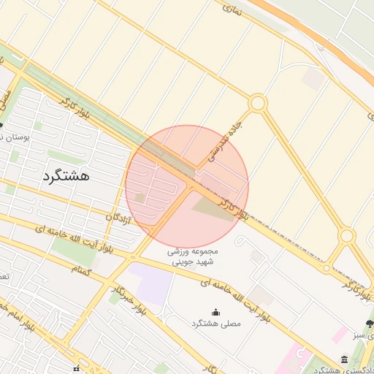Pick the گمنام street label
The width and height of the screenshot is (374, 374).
(x=81, y=269)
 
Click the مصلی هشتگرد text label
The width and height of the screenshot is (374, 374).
(x=215, y=323)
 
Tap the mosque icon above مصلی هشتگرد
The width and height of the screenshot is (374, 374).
(x=215, y=312)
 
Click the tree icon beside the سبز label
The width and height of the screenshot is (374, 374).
(x=369, y=324)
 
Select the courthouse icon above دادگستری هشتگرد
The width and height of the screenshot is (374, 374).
(x=344, y=358)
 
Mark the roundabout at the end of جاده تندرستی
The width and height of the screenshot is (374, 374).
(x=257, y=104)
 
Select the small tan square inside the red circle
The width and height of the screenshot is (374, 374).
(x=140, y=197)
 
